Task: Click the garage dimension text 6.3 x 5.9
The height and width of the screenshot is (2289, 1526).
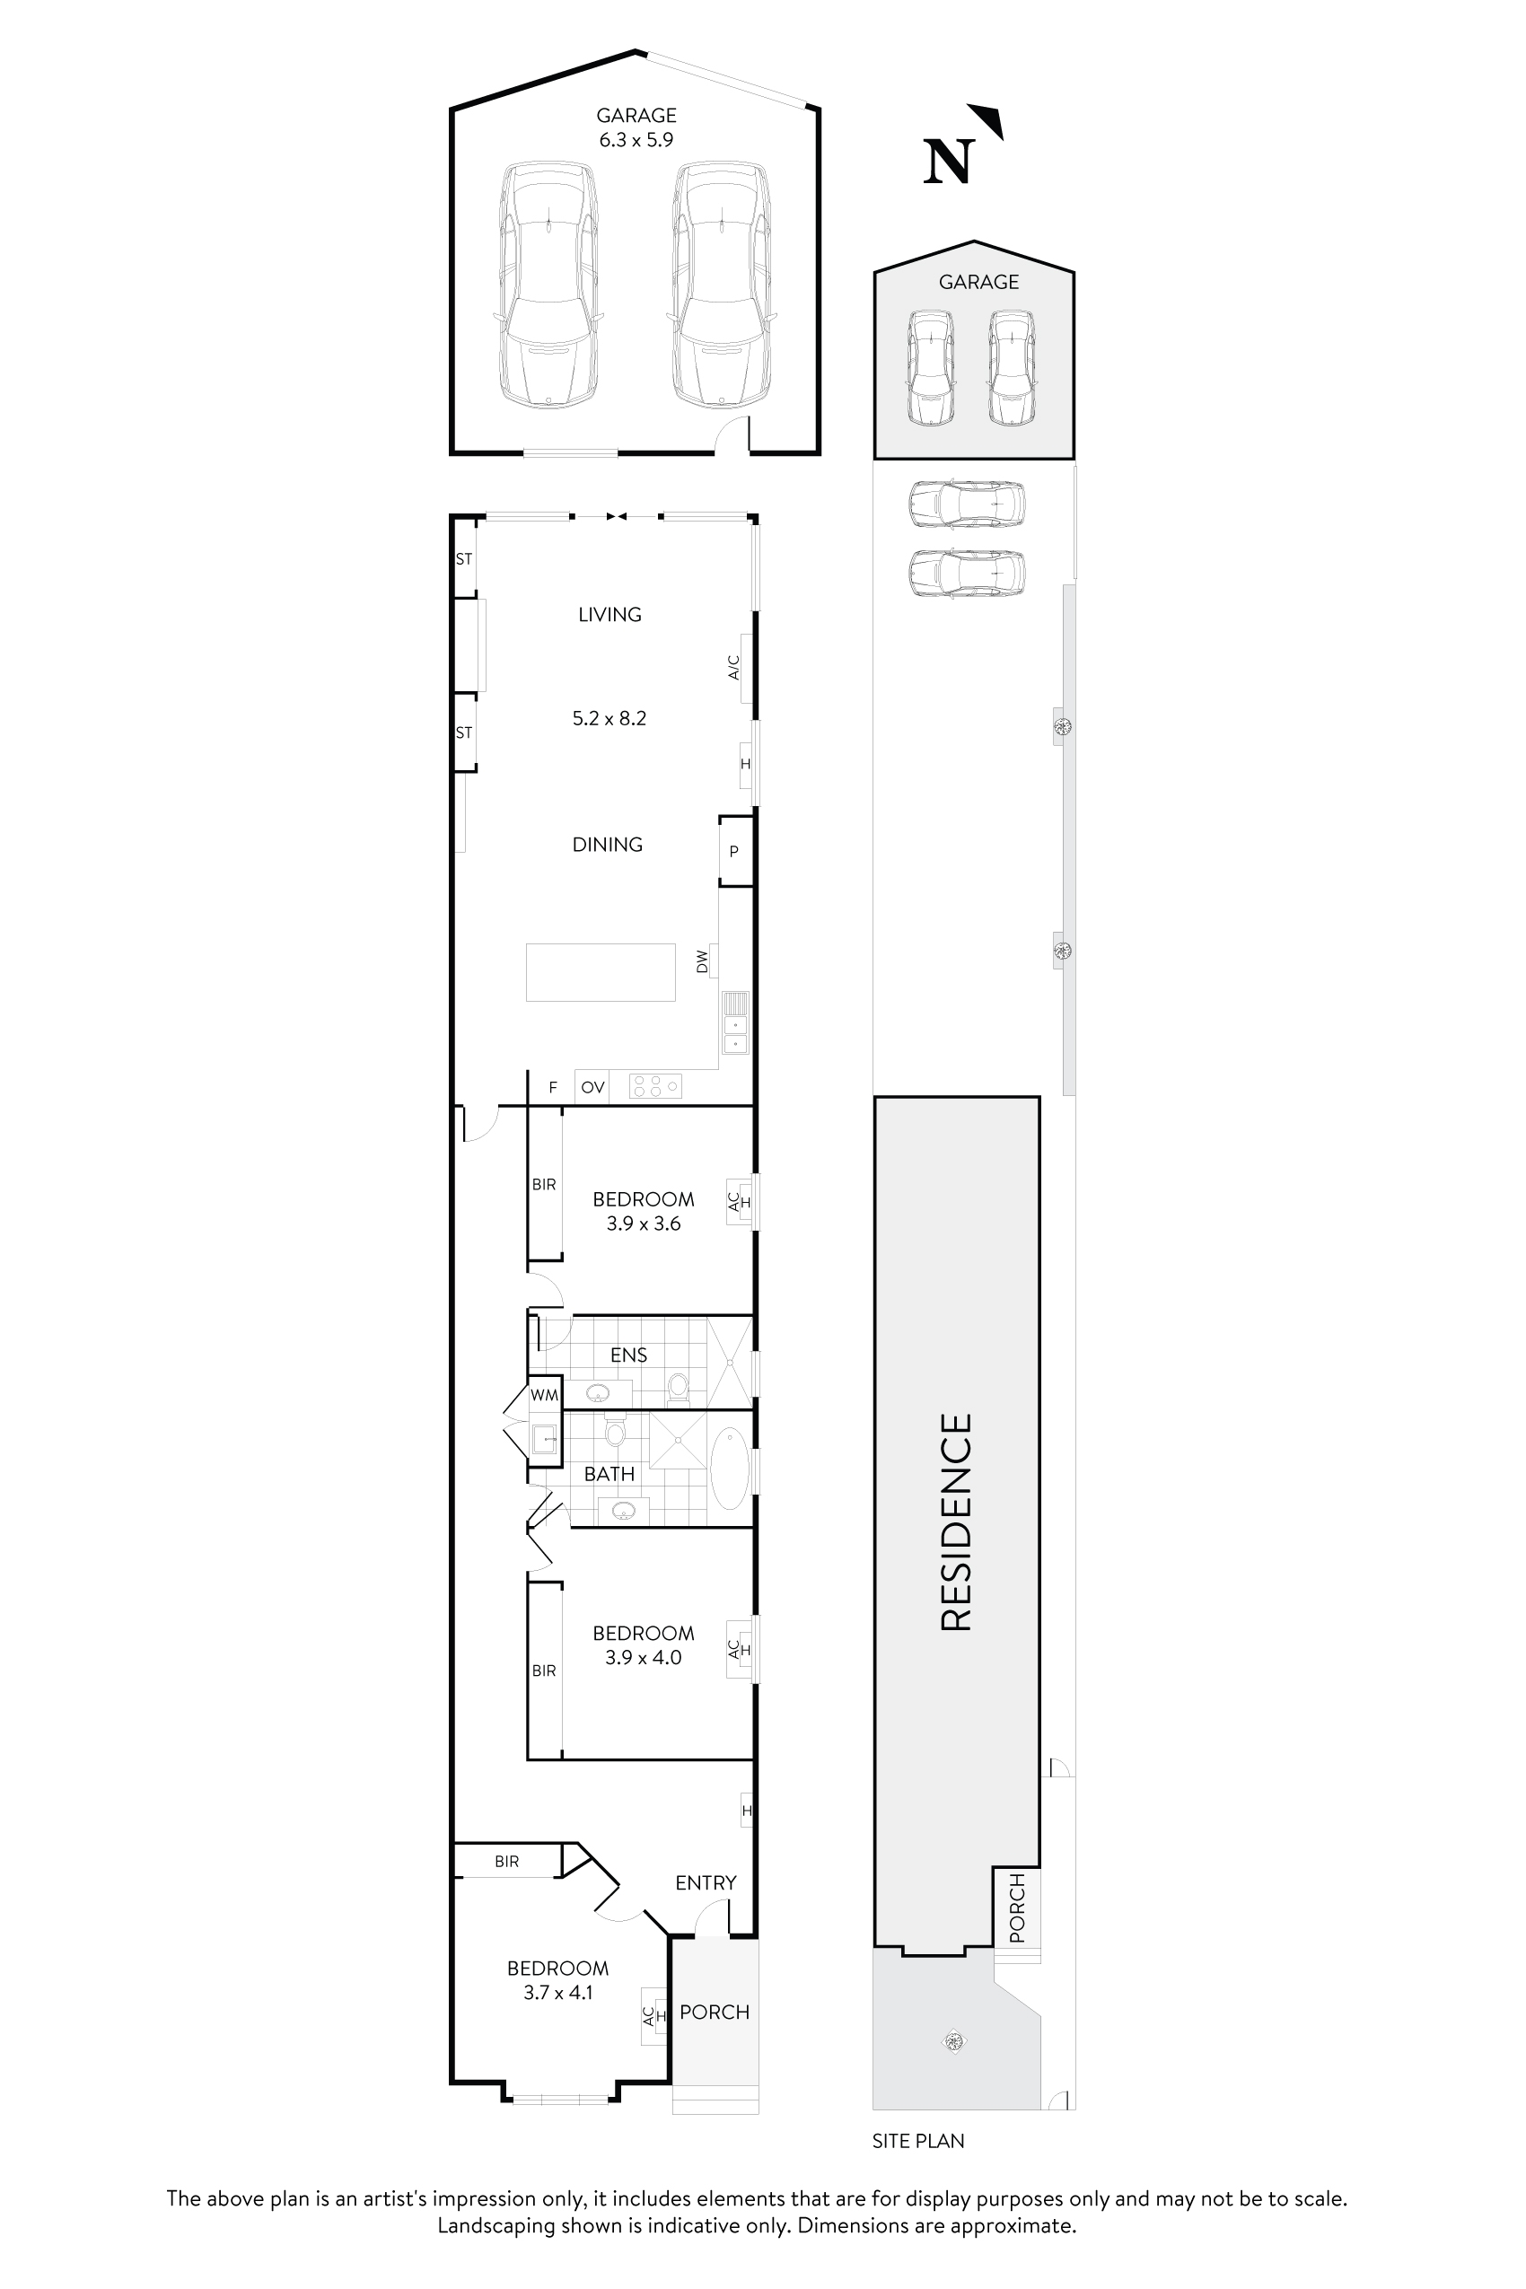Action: click(636, 140)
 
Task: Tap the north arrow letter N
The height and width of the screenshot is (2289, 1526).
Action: click(948, 162)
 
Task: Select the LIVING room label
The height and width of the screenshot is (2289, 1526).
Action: click(610, 614)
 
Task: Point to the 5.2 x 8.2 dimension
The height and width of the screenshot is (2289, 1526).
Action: click(610, 718)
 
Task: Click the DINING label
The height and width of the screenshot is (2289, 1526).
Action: click(608, 845)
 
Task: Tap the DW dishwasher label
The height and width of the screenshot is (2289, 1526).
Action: click(703, 961)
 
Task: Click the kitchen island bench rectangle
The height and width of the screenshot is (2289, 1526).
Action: click(601, 972)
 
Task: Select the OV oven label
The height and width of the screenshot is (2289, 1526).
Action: click(592, 1087)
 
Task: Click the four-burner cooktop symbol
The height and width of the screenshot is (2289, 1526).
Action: click(655, 1086)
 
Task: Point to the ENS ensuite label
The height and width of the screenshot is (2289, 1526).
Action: click(628, 1355)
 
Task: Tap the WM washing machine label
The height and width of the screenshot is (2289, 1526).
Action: click(545, 1395)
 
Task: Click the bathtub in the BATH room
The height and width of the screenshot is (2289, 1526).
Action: click(729, 1468)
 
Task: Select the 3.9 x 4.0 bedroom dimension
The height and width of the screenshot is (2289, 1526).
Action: click(644, 1657)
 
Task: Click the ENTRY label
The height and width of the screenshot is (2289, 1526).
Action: click(706, 1882)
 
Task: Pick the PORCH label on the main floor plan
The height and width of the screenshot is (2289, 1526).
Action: click(715, 2012)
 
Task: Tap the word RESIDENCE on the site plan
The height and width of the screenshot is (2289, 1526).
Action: click(957, 1522)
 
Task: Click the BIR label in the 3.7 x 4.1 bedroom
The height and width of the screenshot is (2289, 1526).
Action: click(507, 1861)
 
